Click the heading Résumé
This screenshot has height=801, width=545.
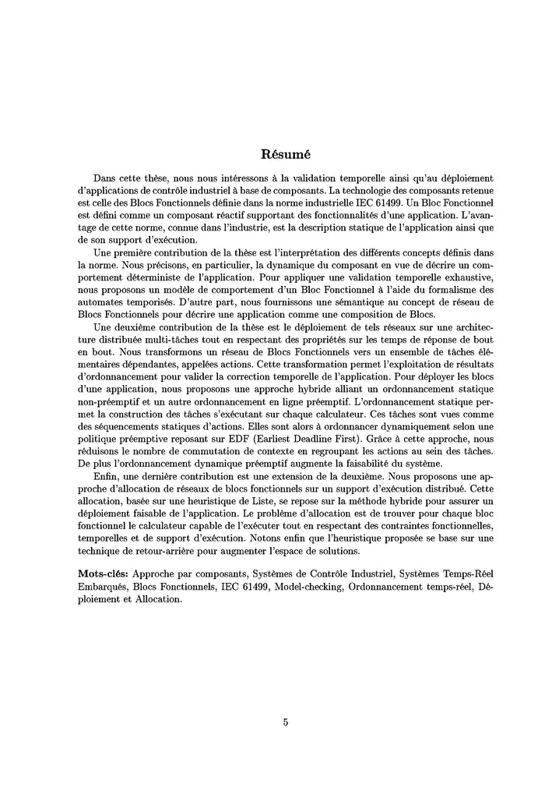click(x=286, y=153)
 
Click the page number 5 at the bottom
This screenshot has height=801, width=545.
click(x=286, y=722)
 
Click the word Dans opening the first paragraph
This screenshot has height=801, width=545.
click(x=107, y=178)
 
